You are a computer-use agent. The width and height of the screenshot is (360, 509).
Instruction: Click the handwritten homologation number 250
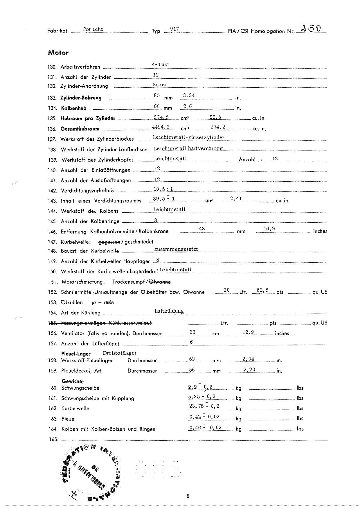[311, 28]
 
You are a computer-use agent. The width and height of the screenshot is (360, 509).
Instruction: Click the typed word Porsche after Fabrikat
[93, 29]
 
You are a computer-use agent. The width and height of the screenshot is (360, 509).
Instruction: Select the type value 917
[174, 29]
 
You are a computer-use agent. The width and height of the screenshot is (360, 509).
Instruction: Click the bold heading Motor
[58, 53]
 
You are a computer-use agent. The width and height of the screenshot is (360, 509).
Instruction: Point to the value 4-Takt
[161, 64]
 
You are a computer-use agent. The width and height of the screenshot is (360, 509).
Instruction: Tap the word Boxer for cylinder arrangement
[160, 85]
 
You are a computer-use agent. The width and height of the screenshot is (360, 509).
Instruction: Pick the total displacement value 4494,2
[161, 127]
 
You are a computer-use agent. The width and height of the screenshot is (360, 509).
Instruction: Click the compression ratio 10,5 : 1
[163, 189]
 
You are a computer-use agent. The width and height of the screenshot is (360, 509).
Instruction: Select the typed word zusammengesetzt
[176, 249]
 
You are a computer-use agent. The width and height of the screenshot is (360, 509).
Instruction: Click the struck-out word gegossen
[109, 242]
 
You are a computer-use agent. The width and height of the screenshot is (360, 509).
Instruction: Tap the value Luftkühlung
[169, 311]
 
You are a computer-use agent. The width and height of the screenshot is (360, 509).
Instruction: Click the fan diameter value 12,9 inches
[248, 332]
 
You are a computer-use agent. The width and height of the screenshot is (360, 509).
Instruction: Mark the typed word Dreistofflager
[120, 353]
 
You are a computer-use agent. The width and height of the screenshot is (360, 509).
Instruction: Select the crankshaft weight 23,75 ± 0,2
[204, 406]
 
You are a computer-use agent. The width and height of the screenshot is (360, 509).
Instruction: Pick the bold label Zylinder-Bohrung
[81, 98]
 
